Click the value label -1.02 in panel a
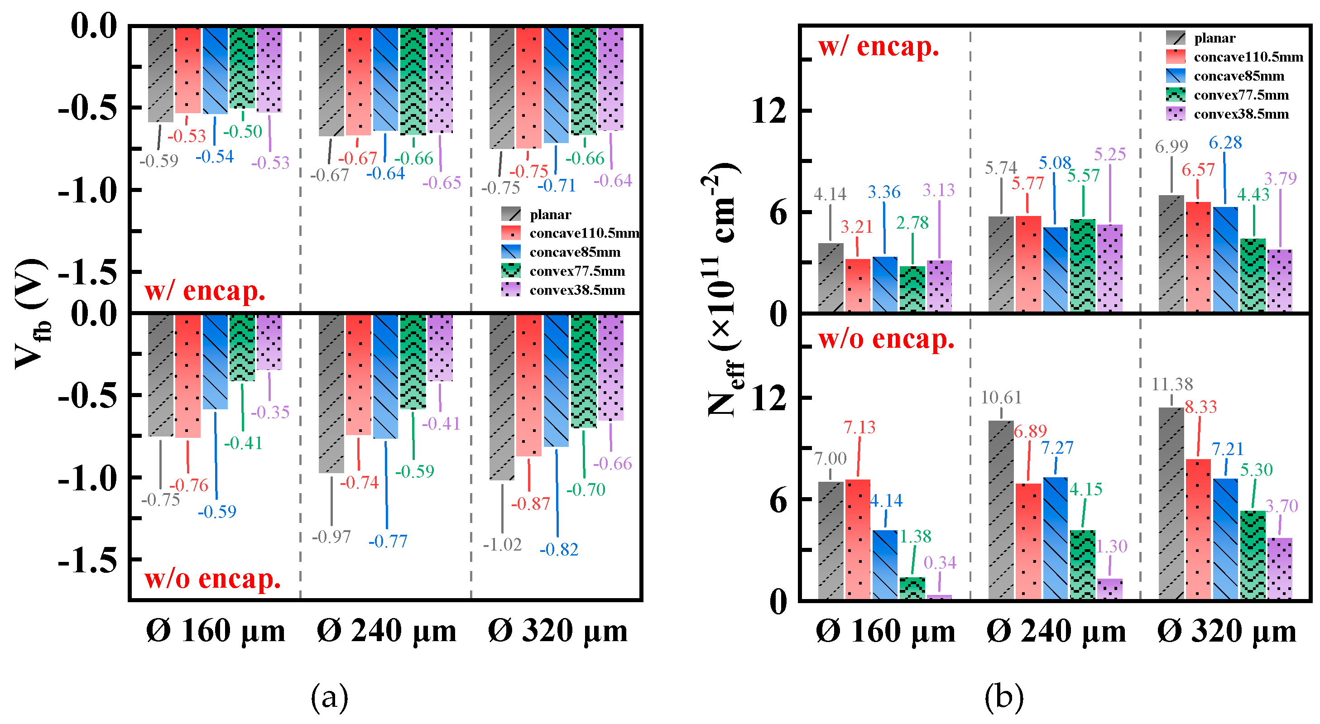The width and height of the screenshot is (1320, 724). coord(502,544)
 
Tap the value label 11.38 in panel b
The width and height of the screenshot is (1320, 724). coord(1172,384)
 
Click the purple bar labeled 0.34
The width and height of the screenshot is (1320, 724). coord(939,596)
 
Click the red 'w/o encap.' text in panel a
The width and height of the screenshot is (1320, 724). coord(213,579)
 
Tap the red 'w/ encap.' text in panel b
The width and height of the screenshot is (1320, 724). coord(878,47)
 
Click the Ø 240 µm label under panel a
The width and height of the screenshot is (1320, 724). coord(386,631)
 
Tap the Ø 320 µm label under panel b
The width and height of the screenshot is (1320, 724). coord(1227,631)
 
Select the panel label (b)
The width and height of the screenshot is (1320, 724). coord(1003,698)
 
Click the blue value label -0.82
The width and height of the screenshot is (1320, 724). coord(558,549)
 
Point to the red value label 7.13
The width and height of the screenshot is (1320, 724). coord(859,427)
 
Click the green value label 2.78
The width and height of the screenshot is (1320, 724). coord(912,222)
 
